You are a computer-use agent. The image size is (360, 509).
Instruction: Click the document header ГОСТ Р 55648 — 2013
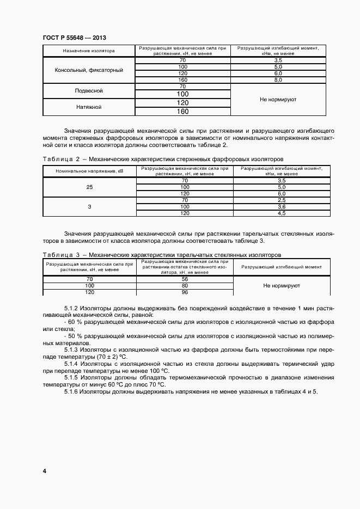click(x=74, y=38)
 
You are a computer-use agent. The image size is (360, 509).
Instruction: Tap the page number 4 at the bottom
click(x=44, y=470)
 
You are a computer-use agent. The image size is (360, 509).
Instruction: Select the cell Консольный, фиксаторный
click(x=89, y=70)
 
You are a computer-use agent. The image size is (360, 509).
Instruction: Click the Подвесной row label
click(x=89, y=90)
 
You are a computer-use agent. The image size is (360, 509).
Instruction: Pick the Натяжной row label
click(x=89, y=107)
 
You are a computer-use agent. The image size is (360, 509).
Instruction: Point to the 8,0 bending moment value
click(x=278, y=80)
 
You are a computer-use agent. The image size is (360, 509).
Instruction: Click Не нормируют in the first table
click(x=278, y=100)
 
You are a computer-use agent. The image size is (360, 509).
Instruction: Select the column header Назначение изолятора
click(x=89, y=51)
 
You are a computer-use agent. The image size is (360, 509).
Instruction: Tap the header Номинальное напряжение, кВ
click(x=89, y=171)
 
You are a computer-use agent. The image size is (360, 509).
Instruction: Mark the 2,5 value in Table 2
click(x=282, y=200)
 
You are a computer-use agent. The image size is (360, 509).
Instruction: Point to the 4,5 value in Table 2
click(x=282, y=213)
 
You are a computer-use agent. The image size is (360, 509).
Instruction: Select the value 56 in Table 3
click(x=185, y=279)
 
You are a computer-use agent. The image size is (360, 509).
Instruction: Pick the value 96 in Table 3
click(x=185, y=292)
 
